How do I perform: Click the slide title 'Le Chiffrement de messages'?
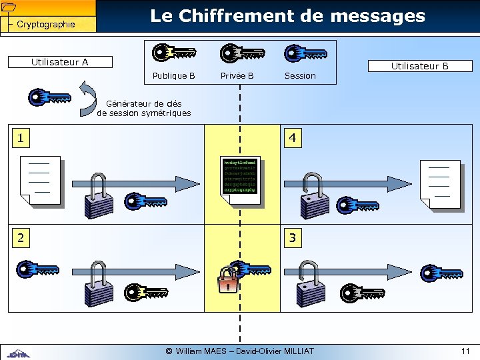tap(287, 16)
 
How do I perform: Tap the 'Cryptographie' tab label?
tap(45, 25)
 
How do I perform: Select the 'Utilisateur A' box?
tap(60, 62)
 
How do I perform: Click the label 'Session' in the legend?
tap(300, 76)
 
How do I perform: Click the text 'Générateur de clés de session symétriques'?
tap(144, 108)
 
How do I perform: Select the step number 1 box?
tap(22, 138)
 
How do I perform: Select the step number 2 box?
tap(22, 237)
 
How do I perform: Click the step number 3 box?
tap(292, 237)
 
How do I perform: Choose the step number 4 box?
tap(292, 139)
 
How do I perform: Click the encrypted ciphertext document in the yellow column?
tap(240, 176)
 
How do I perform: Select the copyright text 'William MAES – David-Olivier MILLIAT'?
tap(240, 351)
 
